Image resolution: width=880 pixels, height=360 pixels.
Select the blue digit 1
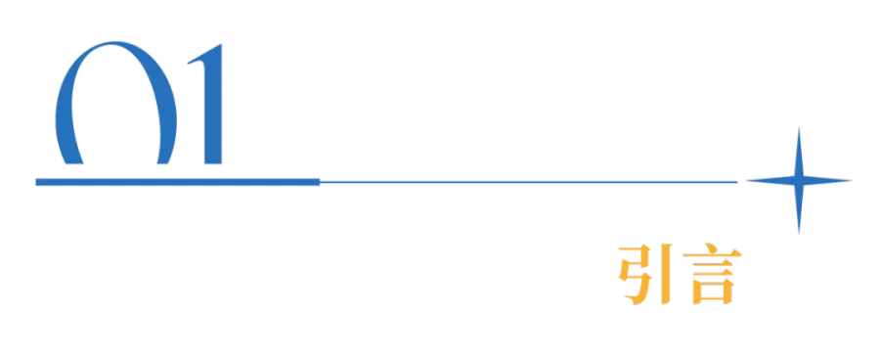(x=213, y=104)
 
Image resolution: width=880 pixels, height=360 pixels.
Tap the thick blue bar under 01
(x=177, y=182)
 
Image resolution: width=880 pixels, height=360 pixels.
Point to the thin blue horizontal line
(x=528, y=182)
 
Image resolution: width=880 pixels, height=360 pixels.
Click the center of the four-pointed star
(x=799, y=180)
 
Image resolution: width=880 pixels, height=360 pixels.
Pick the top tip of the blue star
(x=799, y=127)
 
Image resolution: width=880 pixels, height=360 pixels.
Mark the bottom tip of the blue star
(x=799, y=234)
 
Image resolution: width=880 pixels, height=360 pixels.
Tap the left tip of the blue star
(x=746, y=180)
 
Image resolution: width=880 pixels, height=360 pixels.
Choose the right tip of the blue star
(x=853, y=180)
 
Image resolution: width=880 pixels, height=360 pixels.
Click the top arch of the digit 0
(x=115, y=45)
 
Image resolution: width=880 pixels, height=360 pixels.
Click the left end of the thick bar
(x=36, y=182)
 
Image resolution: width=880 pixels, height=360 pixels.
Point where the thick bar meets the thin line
(x=320, y=182)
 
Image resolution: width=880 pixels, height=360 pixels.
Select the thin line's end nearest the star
(x=736, y=182)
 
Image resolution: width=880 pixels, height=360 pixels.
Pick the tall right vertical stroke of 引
(x=666, y=274)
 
